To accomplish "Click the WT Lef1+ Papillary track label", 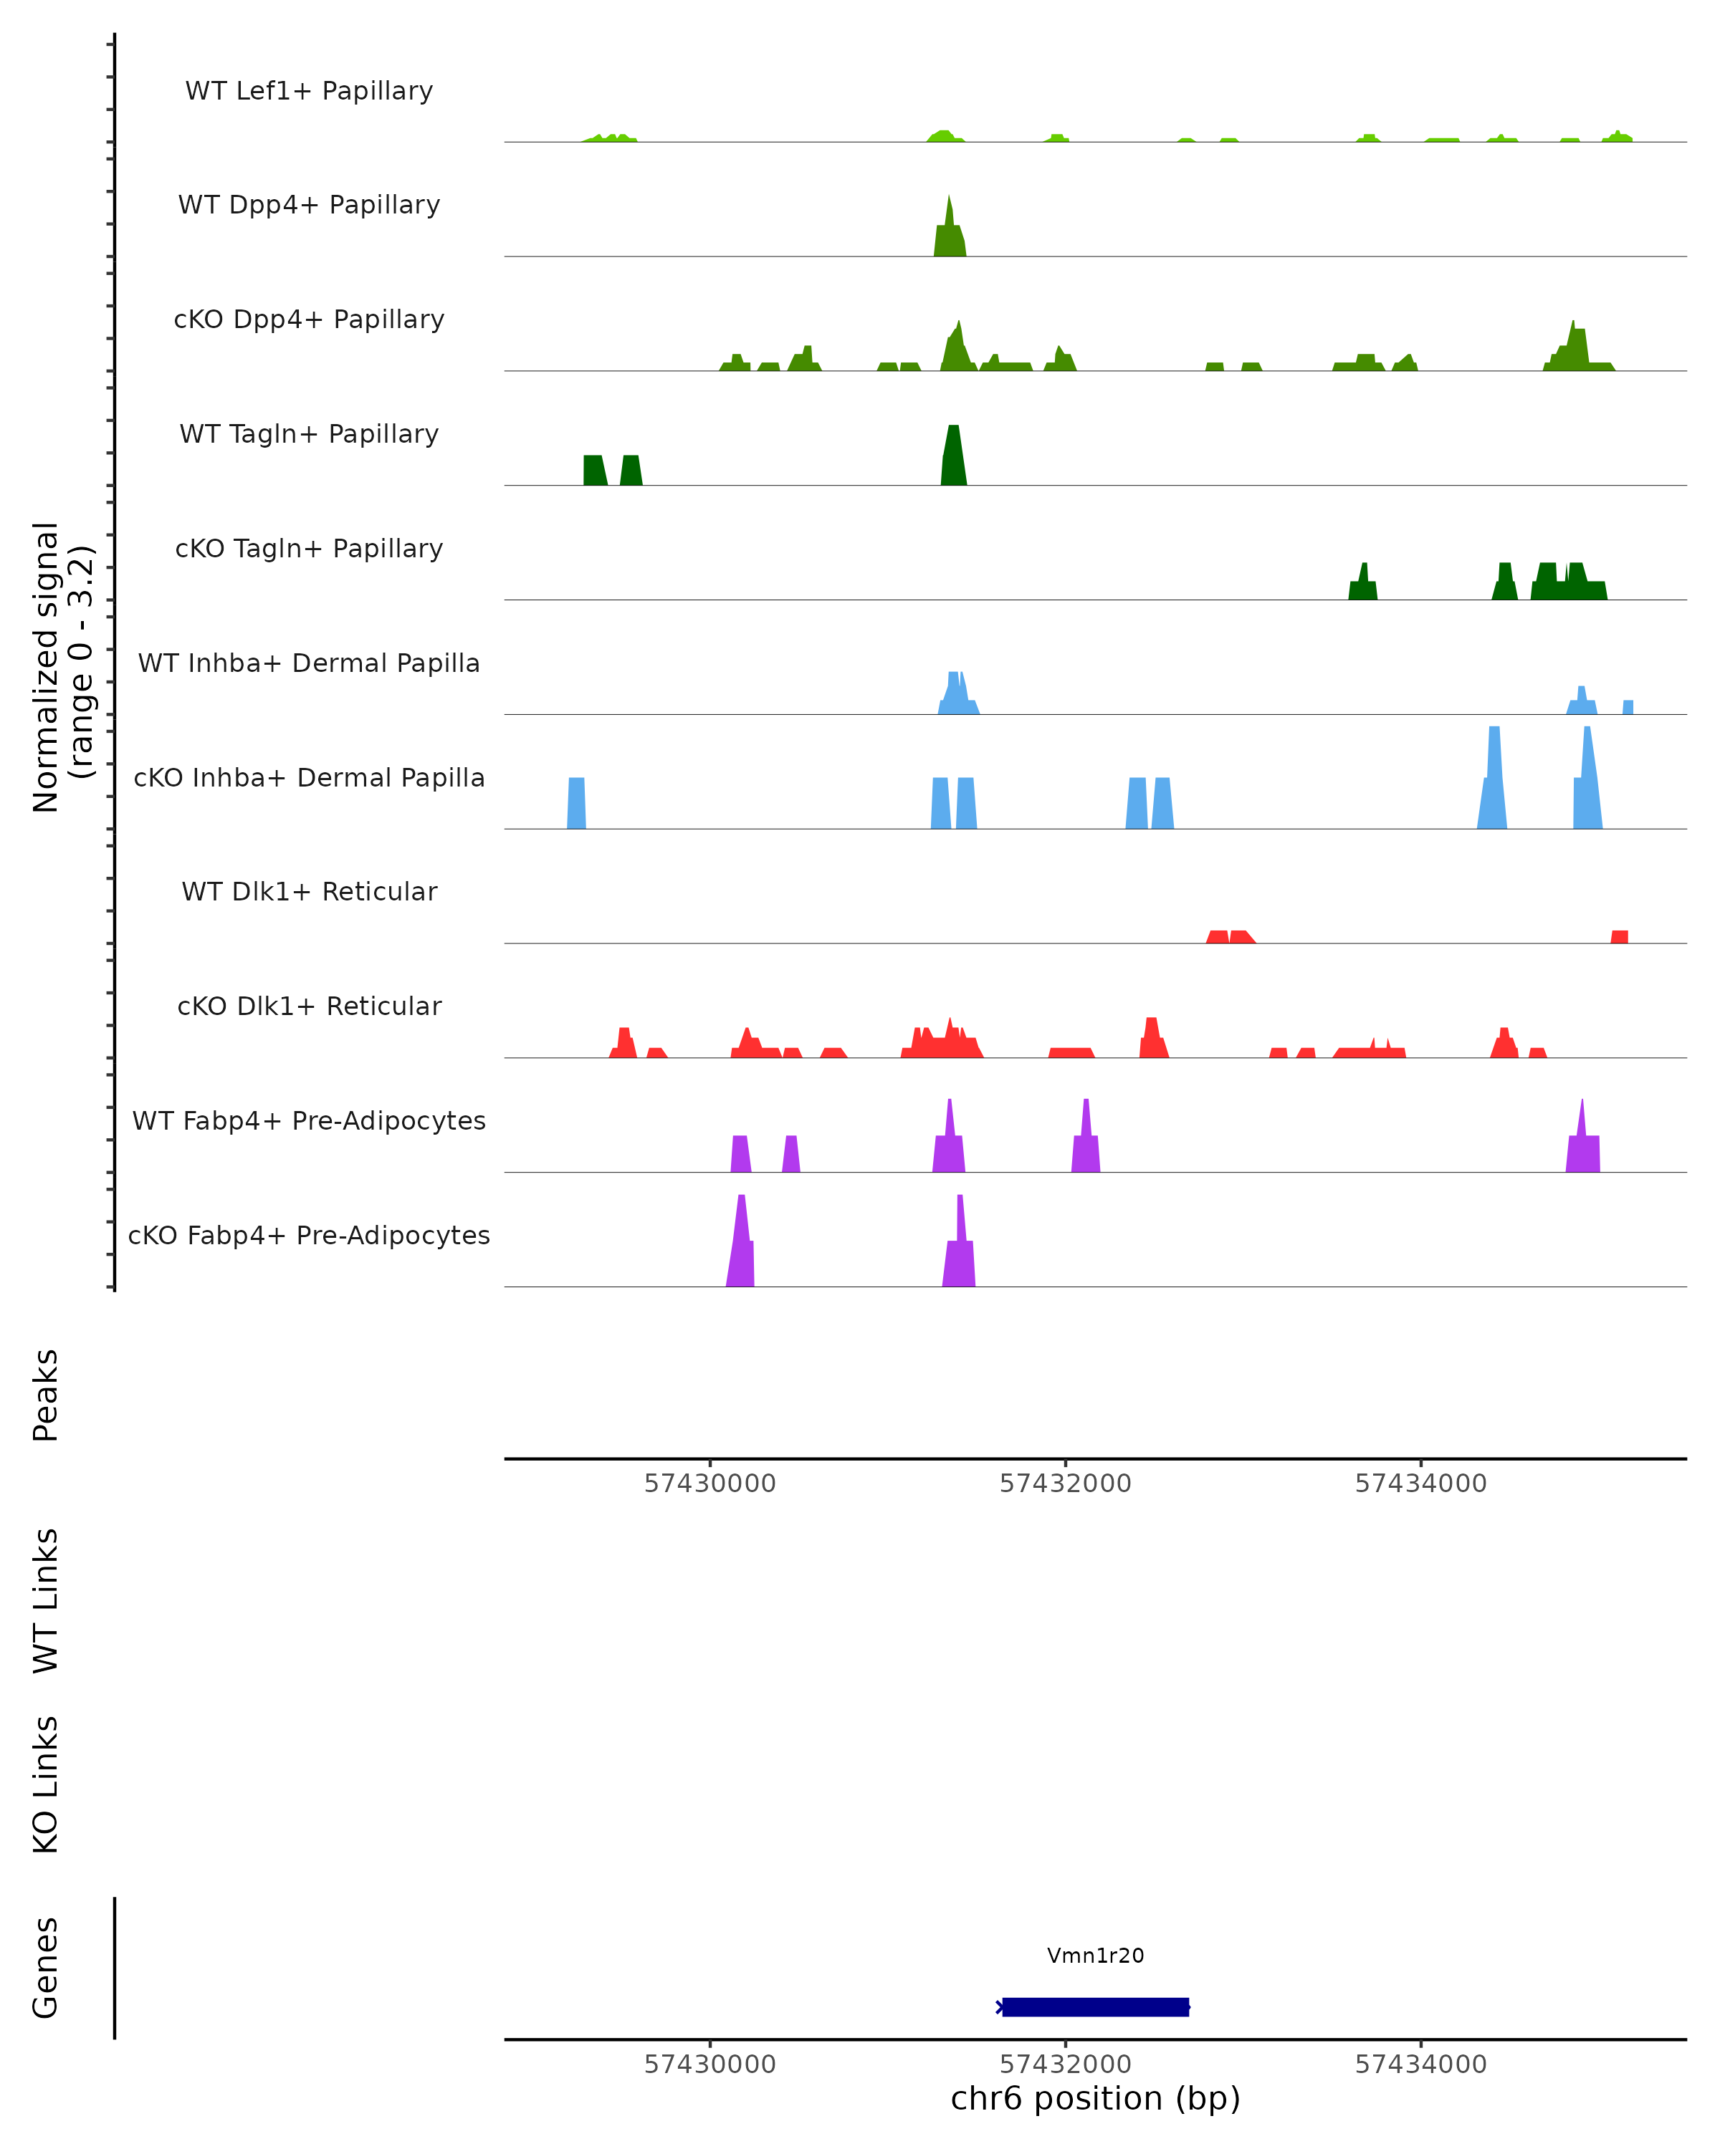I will (x=309, y=91).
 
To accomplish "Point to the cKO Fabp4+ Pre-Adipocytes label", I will (x=309, y=1235).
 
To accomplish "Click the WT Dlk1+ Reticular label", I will (x=309, y=891).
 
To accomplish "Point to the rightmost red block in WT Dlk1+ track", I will (x=1619, y=937).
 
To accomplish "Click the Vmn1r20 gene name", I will (x=1095, y=1956).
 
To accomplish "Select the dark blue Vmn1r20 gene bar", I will (x=1095, y=2006).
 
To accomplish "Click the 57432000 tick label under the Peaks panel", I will (x=1065, y=1484).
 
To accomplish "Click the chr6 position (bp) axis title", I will (x=1095, y=2098).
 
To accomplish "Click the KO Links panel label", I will (x=46, y=1784).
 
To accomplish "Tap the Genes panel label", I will (x=46, y=1968).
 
